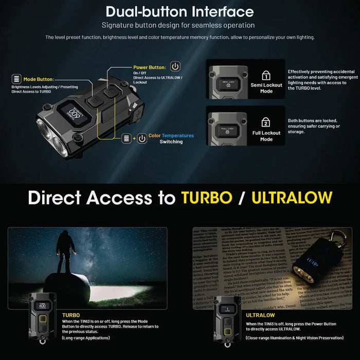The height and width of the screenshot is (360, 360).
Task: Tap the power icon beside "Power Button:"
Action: coord(175,67)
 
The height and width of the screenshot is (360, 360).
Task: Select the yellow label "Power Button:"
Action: coord(149,67)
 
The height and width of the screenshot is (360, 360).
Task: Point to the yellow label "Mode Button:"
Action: coord(39,79)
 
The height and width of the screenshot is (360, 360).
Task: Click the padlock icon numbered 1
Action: coord(266,75)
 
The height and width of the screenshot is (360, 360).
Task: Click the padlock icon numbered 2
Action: coord(266,122)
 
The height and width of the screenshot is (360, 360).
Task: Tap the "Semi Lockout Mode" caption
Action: coord(266,88)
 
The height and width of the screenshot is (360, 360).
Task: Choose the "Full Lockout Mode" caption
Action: coord(266,136)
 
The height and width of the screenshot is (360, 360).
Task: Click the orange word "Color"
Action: coord(155,136)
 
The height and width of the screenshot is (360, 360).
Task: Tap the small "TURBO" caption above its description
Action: coord(71,315)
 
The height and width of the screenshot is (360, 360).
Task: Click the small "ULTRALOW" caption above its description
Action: coord(260,315)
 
